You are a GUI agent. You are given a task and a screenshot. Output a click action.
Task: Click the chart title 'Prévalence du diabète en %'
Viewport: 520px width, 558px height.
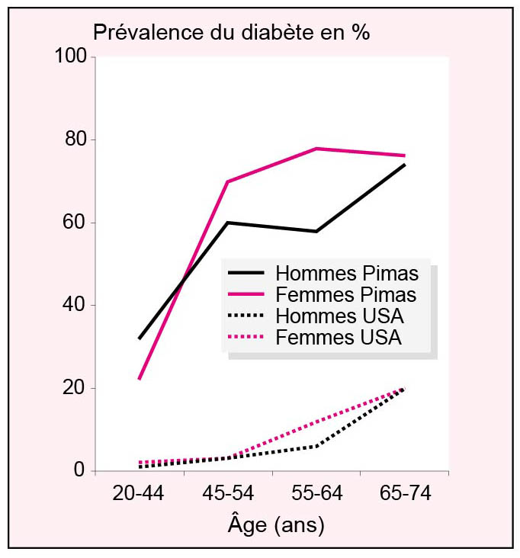[x=230, y=33]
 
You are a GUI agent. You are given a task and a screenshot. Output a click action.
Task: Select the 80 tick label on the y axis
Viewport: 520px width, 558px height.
[x=75, y=140]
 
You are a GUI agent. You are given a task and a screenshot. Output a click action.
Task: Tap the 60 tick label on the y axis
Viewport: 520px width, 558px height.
[x=75, y=223]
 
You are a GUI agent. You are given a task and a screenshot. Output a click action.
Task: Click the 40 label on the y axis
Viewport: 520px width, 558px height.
[x=75, y=306]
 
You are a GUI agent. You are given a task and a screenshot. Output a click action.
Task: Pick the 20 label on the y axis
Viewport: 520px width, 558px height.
[x=75, y=388]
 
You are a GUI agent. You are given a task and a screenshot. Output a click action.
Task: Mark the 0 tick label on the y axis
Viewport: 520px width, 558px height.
[x=80, y=471]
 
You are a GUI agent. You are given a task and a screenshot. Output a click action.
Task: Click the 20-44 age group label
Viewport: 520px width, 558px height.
[x=138, y=494]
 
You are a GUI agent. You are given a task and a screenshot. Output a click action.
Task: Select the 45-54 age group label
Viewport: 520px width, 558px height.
[x=227, y=494]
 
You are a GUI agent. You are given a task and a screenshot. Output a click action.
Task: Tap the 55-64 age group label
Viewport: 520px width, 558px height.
[x=316, y=494]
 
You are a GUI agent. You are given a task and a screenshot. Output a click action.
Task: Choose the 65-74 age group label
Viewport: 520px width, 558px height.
[x=405, y=494]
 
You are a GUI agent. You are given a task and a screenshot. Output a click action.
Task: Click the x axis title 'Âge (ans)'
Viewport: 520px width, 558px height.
[x=275, y=525]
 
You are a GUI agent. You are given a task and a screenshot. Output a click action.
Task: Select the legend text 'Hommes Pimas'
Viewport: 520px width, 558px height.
[x=346, y=273]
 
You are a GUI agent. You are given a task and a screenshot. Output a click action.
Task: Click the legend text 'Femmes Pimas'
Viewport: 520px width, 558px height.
[x=346, y=294]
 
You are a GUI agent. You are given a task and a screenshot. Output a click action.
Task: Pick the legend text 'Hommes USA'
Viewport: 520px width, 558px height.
[x=339, y=316]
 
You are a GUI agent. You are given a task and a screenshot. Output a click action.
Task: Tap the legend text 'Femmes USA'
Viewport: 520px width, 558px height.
[x=339, y=337]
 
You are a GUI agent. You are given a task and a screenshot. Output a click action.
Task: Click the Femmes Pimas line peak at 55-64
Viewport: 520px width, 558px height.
[x=316, y=149]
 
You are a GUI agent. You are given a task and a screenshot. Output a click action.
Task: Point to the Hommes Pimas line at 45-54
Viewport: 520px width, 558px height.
[x=227, y=223]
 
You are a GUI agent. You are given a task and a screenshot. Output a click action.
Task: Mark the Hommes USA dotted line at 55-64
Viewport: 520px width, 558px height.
[x=316, y=446]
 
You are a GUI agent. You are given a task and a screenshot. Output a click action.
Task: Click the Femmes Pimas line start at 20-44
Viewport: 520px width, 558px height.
[x=139, y=379]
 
